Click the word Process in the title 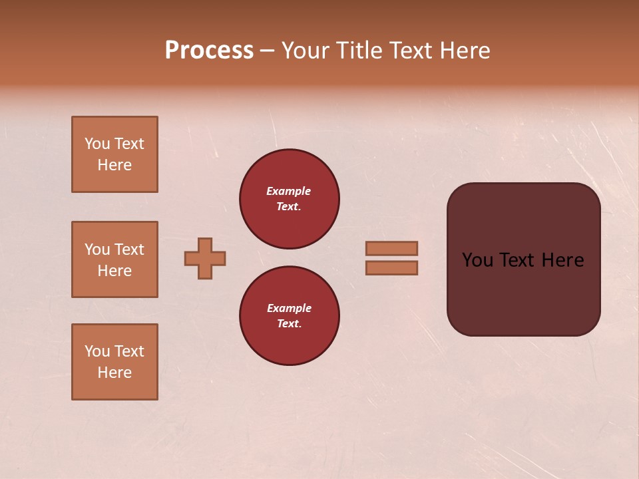(209, 50)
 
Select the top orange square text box (114, 154)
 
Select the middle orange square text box (114, 259)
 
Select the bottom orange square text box (114, 361)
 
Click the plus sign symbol (205, 258)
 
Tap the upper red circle (289, 199)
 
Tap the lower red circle (289, 316)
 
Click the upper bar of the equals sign (392, 249)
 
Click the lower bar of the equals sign (392, 267)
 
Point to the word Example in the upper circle (289, 191)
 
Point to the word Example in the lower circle (289, 308)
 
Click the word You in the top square (97, 144)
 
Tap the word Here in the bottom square (114, 373)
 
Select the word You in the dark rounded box (477, 260)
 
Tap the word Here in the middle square (114, 271)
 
